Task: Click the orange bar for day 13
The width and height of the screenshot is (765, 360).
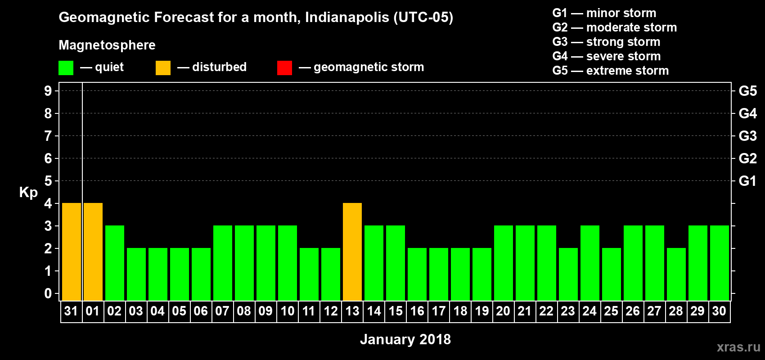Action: tap(352, 252)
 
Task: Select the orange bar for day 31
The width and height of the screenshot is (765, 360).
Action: tap(72, 252)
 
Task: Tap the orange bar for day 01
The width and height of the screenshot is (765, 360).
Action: tap(93, 252)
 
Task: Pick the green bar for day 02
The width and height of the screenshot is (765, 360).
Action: tap(115, 263)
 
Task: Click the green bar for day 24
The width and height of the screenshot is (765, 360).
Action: tap(590, 263)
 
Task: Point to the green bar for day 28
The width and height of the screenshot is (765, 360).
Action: tap(676, 274)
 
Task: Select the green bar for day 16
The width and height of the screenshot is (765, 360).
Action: tap(417, 274)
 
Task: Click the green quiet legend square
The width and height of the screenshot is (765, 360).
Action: tap(66, 68)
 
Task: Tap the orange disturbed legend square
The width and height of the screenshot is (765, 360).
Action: tap(163, 68)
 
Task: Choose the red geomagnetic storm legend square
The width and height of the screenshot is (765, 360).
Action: tap(284, 68)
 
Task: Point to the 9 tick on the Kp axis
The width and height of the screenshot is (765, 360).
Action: tap(48, 91)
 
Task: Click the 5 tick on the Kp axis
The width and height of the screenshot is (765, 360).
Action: tap(48, 181)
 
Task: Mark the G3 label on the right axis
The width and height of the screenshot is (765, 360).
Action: tap(747, 136)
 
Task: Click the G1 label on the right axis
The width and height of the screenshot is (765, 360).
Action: tap(747, 181)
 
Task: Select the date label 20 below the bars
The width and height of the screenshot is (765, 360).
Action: tap(503, 311)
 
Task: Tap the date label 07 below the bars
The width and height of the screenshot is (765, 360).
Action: tap(222, 311)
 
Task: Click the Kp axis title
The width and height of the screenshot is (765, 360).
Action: tap(28, 192)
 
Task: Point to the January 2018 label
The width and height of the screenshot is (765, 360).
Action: tap(405, 339)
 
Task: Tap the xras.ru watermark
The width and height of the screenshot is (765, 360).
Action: tap(738, 346)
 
